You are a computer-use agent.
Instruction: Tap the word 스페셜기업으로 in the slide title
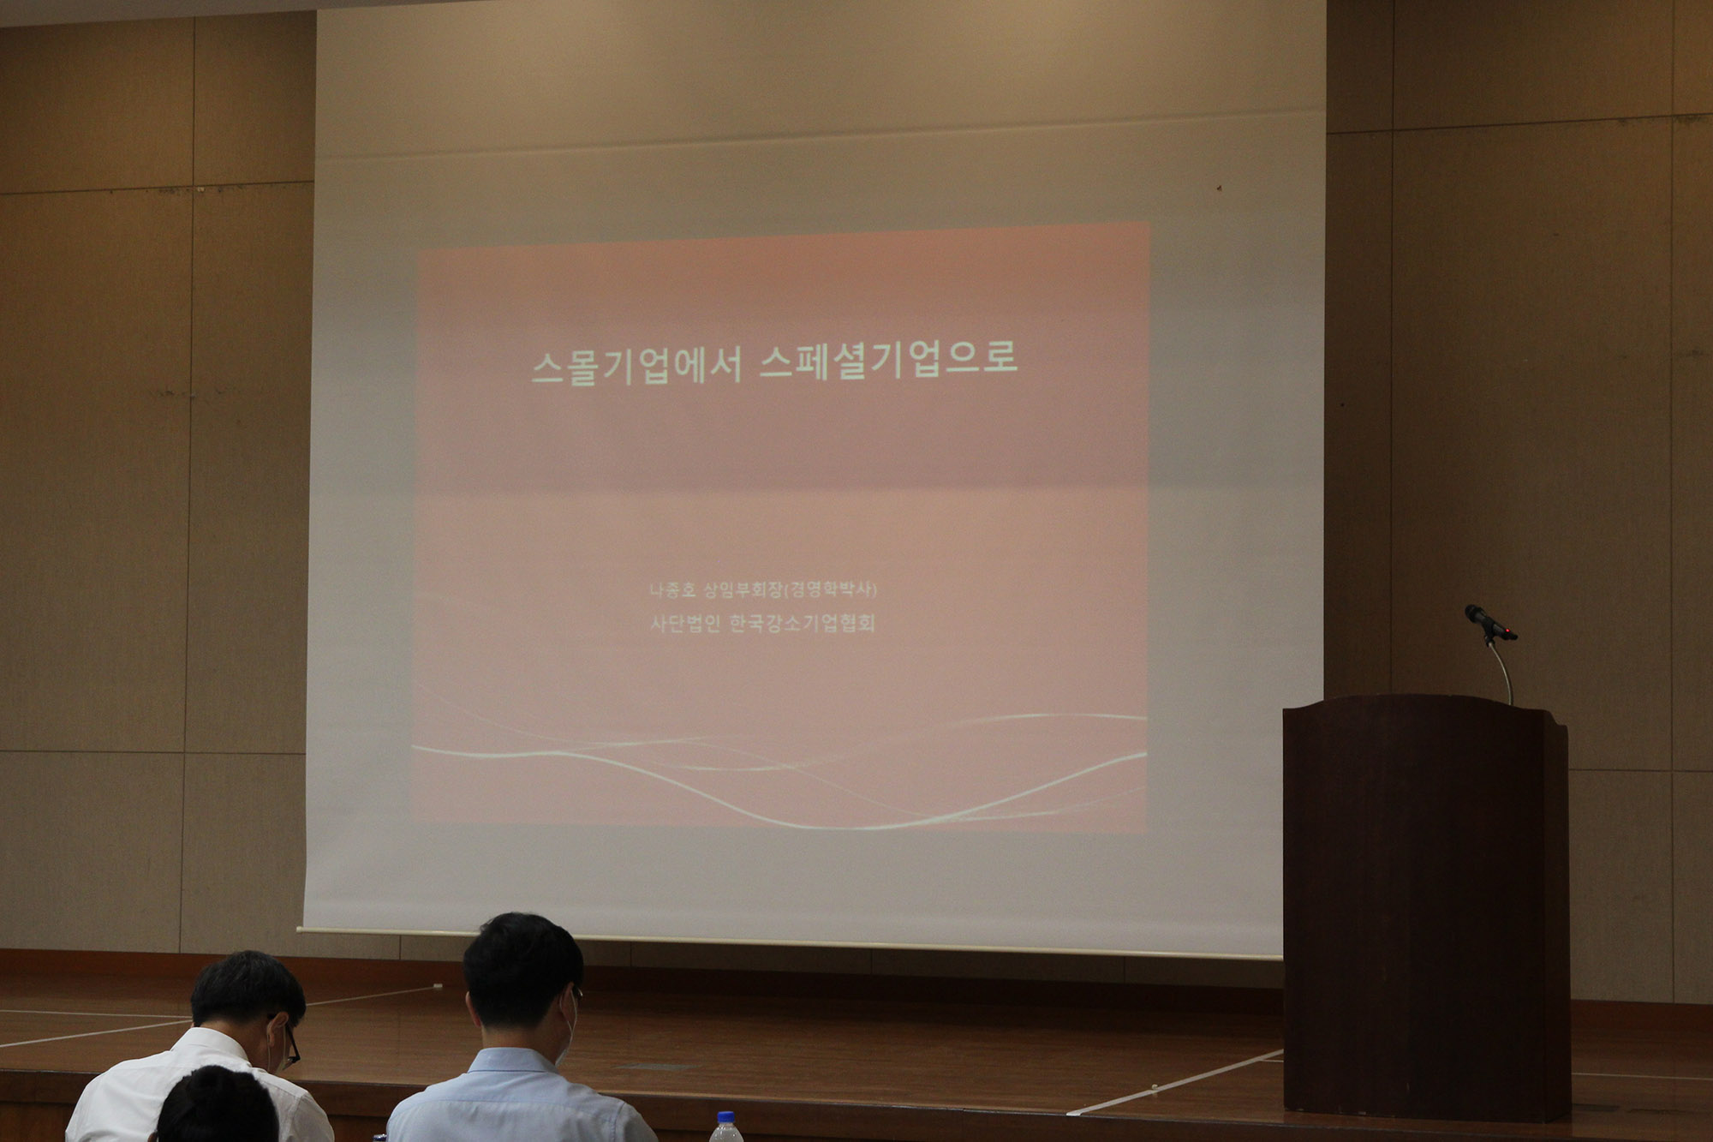[889, 360]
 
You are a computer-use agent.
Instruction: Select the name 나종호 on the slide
[672, 590]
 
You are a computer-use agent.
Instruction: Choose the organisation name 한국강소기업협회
[802, 623]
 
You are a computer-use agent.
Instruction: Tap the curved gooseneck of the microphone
[1501, 668]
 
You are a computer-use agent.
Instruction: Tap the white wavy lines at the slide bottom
[779, 771]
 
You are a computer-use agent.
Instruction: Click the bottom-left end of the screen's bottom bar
[298, 929]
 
